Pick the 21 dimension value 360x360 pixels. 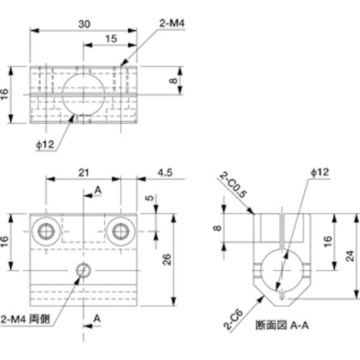84,173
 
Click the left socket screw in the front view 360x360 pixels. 48,230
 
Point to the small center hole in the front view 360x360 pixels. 84,270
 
